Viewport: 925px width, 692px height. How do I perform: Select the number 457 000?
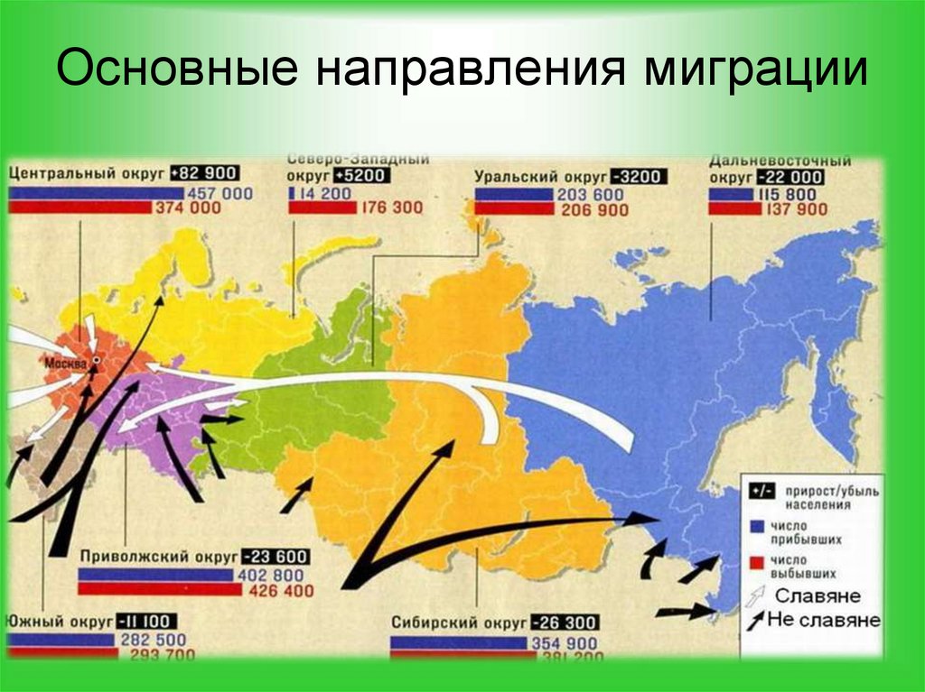click(220, 193)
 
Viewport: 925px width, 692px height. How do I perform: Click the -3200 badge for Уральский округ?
click(638, 177)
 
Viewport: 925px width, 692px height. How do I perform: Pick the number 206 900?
click(593, 210)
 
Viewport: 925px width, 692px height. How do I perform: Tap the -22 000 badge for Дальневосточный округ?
click(790, 178)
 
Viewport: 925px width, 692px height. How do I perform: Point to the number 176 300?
click(391, 208)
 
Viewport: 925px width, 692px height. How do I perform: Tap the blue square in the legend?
click(753, 525)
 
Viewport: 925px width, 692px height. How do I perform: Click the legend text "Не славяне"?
click(823, 621)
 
